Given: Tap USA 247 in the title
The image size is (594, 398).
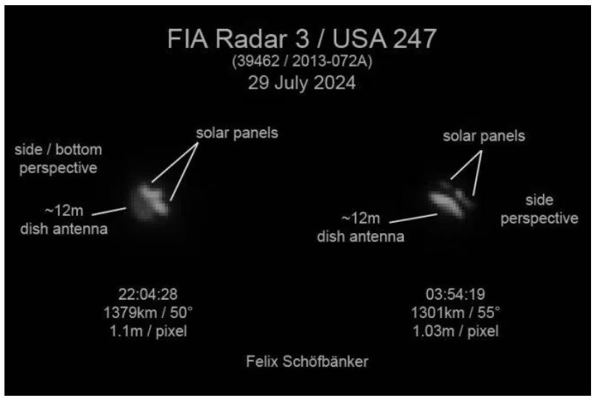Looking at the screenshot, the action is pyautogui.click(x=384, y=39).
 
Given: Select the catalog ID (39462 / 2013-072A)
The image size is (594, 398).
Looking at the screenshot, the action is pyautogui.click(x=302, y=61).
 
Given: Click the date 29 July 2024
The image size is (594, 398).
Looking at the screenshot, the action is pyautogui.click(x=302, y=83).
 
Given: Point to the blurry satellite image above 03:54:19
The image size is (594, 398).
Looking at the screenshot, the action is pyautogui.click(x=451, y=200).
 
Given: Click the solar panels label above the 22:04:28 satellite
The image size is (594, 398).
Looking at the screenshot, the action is pyautogui.click(x=237, y=133).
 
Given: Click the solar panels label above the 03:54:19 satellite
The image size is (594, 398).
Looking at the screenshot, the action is pyautogui.click(x=484, y=136).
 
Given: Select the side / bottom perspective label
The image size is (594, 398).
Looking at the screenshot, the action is pyautogui.click(x=59, y=159).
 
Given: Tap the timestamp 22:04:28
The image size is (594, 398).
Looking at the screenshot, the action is pyautogui.click(x=147, y=294).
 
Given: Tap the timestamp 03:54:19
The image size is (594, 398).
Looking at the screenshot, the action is pyautogui.click(x=455, y=294).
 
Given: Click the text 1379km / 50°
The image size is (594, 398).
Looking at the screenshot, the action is pyautogui.click(x=148, y=313).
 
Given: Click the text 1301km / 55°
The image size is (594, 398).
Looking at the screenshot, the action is pyautogui.click(x=455, y=313).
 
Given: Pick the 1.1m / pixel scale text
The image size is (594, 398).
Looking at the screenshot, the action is pyautogui.click(x=148, y=331).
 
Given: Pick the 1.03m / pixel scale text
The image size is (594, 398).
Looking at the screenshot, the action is pyautogui.click(x=455, y=331).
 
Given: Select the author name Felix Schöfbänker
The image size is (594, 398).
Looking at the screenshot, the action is pyautogui.click(x=307, y=362).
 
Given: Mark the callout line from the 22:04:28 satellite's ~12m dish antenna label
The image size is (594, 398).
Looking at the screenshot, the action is pyautogui.click(x=109, y=212).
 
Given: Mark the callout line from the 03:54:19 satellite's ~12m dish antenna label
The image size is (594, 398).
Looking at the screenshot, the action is pyautogui.click(x=413, y=218).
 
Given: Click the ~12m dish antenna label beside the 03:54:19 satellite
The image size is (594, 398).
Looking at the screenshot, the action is pyautogui.click(x=361, y=227).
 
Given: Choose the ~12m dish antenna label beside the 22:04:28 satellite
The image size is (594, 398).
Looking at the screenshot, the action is pyautogui.click(x=64, y=220).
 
